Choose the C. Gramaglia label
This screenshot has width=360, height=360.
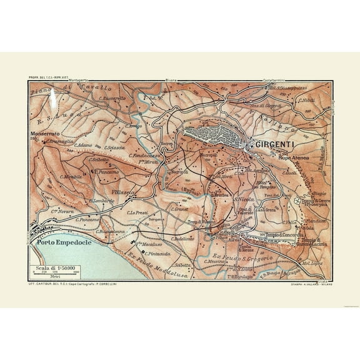click(61, 141)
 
